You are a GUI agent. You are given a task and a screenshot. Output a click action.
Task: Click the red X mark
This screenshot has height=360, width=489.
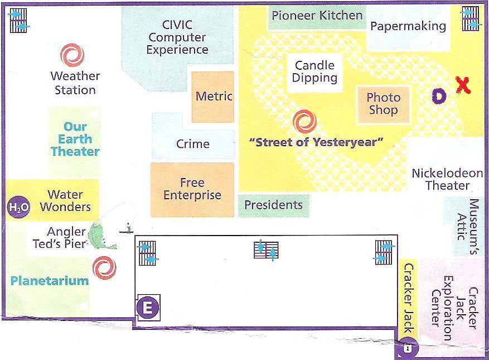pos(463,85)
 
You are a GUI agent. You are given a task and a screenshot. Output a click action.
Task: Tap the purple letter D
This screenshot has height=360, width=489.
pos(439,96)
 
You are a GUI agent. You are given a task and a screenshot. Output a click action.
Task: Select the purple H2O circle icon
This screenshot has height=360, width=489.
pos(18,207)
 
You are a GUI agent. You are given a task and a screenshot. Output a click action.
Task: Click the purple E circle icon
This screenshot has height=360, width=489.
pos(148,308)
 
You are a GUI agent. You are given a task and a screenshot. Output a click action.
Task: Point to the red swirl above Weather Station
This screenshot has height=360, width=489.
pos(72,55)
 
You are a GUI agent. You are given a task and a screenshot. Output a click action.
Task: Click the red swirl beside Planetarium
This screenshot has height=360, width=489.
pos(104,268)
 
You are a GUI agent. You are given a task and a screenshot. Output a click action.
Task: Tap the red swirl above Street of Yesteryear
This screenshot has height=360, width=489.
pos(304,122)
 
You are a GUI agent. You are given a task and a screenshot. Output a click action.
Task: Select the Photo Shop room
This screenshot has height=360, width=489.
pos(383,104)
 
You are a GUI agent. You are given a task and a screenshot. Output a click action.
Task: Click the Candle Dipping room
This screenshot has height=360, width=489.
pos(314,72)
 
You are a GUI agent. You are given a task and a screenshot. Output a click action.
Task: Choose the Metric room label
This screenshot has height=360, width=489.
pos(214,96)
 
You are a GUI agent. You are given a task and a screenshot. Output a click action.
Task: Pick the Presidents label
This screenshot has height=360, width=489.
pos(274,205)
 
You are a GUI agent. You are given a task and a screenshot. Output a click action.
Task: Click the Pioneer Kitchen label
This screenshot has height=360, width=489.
pos(317,15)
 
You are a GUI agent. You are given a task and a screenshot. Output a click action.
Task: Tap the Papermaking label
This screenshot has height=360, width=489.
pos(408,26)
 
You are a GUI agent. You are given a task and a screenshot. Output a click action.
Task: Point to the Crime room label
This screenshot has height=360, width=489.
pos(193,144)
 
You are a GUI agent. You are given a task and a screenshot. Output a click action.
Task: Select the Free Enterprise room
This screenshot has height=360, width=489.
pos(192,190)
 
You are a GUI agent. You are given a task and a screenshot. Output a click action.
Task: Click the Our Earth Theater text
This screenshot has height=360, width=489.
pos(75,139)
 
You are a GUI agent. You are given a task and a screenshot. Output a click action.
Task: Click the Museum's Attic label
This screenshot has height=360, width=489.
pos(468,227)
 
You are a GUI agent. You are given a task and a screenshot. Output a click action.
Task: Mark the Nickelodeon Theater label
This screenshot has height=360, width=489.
pos(448,179)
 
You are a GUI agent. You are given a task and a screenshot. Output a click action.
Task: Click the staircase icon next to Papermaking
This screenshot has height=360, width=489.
pos(470,19)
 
